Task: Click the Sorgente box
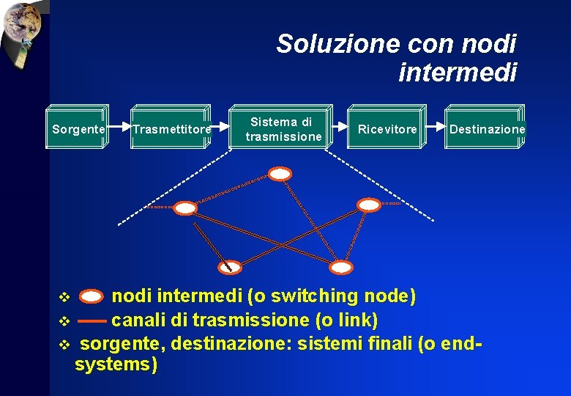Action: coord(78,129)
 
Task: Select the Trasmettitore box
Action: coord(171,129)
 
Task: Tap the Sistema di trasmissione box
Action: coord(283,129)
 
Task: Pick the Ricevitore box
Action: coord(387,129)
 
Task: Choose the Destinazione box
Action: coord(486,129)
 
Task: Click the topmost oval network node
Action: coord(280,174)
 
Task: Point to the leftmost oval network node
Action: coord(186,208)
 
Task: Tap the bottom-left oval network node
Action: coord(231,266)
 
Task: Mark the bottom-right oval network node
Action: coord(341,268)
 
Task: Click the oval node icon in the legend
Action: coord(92,297)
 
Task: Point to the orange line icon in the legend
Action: coord(92,321)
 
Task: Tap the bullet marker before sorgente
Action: coord(63,343)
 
